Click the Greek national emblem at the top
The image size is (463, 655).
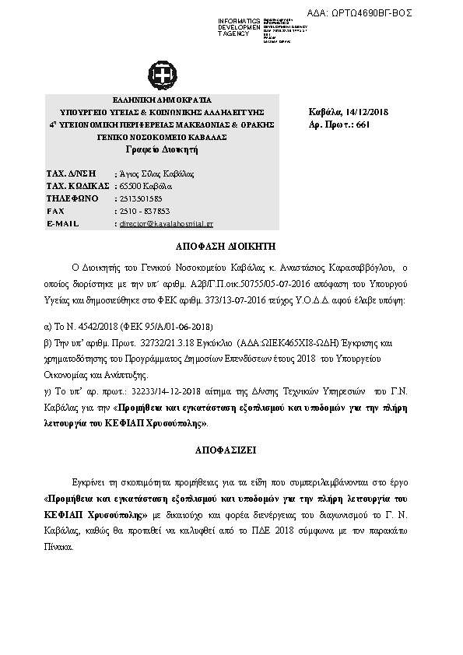pyautogui.click(x=164, y=76)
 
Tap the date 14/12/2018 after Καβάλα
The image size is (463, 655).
pyautogui.click(x=365, y=114)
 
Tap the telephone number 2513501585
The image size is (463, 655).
pyautogui.click(x=137, y=198)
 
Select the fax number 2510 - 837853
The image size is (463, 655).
pyautogui.click(x=142, y=211)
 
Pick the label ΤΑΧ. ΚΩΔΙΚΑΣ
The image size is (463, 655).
pyautogui.click(x=76, y=186)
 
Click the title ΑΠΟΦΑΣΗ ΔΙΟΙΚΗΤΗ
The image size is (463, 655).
pyautogui.click(x=232, y=245)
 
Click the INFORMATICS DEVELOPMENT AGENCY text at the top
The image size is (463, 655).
pyautogui.click(x=239, y=27)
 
